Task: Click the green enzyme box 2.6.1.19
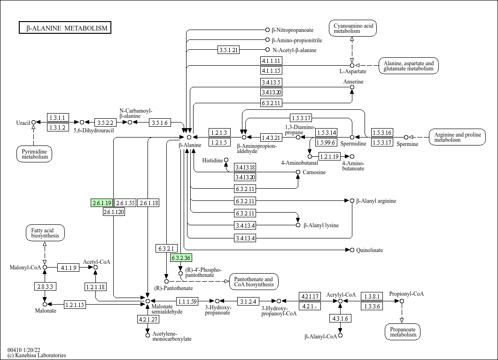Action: (x=101, y=203)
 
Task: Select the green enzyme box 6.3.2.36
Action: (x=181, y=258)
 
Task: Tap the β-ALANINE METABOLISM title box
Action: (x=65, y=28)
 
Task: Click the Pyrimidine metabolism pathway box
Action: (x=34, y=153)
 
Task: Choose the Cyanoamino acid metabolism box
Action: (x=353, y=28)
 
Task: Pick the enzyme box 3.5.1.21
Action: (x=229, y=50)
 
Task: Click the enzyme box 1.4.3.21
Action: (x=271, y=137)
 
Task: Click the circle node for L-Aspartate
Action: (x=352, y=65)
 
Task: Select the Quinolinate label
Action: (x=369, y=250)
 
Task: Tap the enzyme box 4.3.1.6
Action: (x=341, y=318)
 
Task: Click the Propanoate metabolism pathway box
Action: (x=403, y=331)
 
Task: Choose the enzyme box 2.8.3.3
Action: (x=45, y=286)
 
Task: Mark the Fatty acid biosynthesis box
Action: (x=45, y=233)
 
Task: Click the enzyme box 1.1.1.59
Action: (x=187, y=301)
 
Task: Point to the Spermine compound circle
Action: (x=406, y=137)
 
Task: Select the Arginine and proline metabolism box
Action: (x=457, y=137)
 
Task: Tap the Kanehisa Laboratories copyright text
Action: (x=37, y=355)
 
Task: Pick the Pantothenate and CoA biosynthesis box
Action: (x=254, y=282)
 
